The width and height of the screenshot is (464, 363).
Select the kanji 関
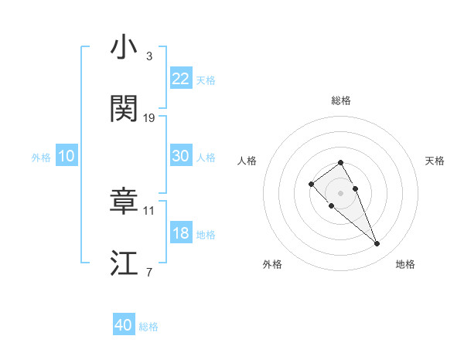coord(125,110)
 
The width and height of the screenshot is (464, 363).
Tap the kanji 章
coord(125,202)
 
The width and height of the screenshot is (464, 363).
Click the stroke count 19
coord(149,118)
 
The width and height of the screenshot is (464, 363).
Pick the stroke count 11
coord(149,210)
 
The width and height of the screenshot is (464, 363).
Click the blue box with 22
coord(181,79)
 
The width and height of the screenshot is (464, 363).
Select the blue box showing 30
coord(181,156)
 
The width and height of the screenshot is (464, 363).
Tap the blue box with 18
coord(181,233)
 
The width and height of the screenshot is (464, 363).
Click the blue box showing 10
coord(67,156)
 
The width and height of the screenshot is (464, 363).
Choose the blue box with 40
coord(124,326)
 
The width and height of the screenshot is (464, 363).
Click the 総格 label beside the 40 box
coord(148,327)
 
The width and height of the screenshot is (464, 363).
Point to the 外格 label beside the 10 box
coord(41,157)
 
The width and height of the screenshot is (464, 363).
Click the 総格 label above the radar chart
coord(341,100)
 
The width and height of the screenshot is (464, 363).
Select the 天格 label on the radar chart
coord(435,161)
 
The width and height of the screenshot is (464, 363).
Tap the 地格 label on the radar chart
coord(405,264)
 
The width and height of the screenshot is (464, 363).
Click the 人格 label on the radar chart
coord(247,161)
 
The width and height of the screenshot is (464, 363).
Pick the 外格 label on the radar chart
coord(272,264)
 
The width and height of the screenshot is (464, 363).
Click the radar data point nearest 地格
coord(377,244)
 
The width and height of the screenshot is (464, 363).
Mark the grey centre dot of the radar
coord(341,193)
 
